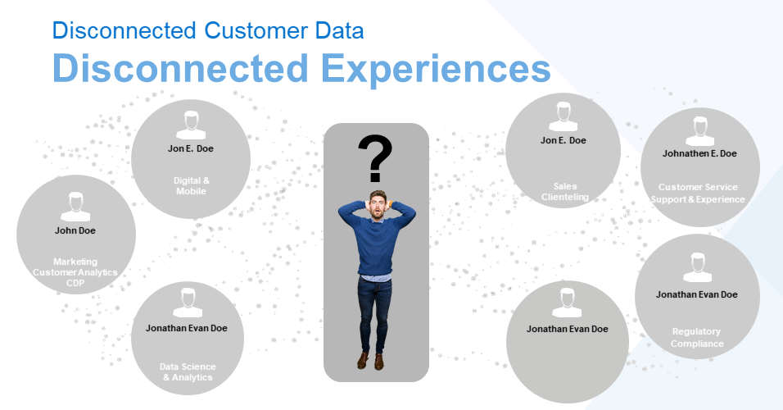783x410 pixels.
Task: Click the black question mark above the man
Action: coord(375,158)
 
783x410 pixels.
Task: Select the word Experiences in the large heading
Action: coord(435,69)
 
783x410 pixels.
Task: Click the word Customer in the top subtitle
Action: coord(256,30)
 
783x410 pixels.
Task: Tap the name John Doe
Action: coord(75,230)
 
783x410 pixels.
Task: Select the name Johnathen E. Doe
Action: coord(699,153)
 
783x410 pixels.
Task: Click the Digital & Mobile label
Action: coord(192,185)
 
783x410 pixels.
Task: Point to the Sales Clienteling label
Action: coord(565,192)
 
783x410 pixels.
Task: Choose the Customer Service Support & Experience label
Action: coord(698,193)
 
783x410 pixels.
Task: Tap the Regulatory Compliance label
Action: coord(697,338)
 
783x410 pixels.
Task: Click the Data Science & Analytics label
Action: coord(188,372)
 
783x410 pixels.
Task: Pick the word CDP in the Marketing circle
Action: coord(75,283)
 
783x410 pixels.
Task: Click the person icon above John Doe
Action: coord(75,207)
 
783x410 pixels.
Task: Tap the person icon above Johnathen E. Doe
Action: coord(699,131)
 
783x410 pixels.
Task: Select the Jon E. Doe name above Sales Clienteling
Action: coord(563,140)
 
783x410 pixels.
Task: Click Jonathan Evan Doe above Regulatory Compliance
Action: coord(697,294)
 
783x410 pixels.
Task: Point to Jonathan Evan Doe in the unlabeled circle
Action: coord(568,329)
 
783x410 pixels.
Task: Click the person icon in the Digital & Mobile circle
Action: coord(191,125)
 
